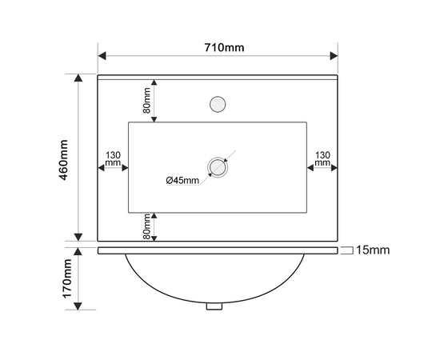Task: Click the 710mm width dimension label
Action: click(224, 48)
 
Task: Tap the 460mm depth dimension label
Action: click(64, 160)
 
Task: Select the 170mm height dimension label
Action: click(67, 278)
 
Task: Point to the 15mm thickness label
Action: click(373, 250)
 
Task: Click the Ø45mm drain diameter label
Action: click(182, 180)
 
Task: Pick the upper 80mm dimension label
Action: click(146, 101)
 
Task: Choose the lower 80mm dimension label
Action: click(146, 226)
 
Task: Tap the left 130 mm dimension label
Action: click(113, 159)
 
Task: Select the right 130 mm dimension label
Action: click(322, 159)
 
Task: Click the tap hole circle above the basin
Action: click(218, 104)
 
